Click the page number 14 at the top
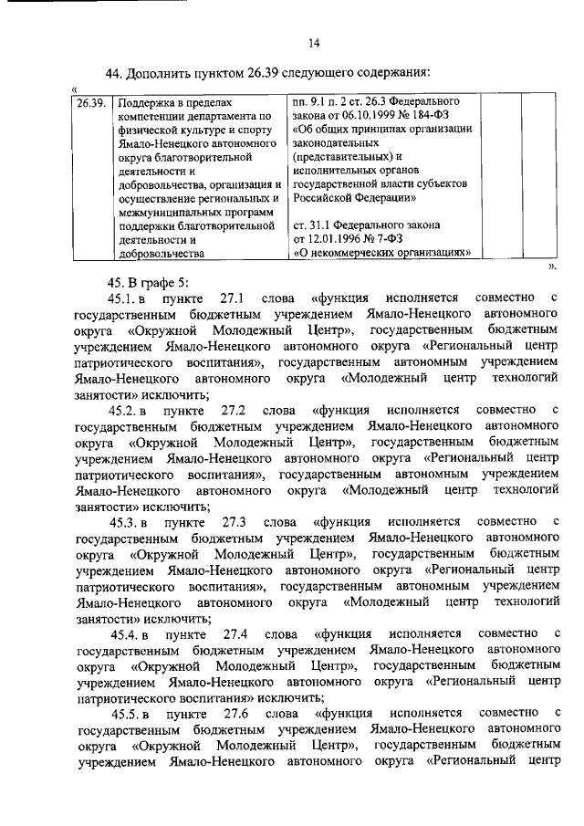pos(314,42)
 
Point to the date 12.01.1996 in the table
pos(346,240)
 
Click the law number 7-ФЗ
pos(411,240)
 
